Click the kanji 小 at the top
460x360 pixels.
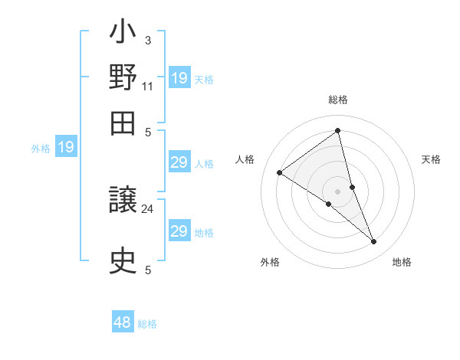(123, 35)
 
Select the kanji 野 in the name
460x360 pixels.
(123, 77)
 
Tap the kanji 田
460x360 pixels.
(123, 123)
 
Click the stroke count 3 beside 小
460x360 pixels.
(147, 40)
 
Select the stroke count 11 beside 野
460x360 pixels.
(148, 86)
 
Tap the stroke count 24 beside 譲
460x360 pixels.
(148, 208)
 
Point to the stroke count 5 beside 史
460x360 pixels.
(147, 270)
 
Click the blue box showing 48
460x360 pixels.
(123, 322)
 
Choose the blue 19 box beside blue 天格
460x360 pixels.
(179, 78)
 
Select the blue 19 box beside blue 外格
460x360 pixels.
(66, 147)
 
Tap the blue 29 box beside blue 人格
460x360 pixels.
(179, 162)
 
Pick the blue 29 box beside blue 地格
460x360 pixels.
(179, 231)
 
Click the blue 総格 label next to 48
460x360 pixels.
(147, 324)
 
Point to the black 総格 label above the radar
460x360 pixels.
(338, 100)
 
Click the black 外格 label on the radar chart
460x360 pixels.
(270, 263)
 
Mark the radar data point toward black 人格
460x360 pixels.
(280, 173)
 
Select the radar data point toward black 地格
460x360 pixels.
(374, 242)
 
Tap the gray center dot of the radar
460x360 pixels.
(338, 191)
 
